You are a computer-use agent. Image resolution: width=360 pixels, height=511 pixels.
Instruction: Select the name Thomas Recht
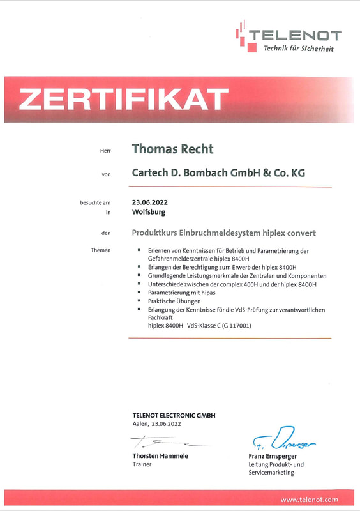[172, 149]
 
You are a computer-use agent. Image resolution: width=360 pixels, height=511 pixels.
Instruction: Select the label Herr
[105, 151]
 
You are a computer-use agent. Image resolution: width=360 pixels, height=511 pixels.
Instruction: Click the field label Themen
[101, 250]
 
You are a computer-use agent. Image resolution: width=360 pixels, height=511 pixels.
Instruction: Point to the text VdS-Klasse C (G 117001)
[219, 326]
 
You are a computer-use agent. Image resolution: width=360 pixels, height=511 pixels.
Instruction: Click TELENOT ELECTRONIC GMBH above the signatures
[174, 415]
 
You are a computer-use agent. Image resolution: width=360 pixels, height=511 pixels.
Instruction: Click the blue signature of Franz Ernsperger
[281, 439]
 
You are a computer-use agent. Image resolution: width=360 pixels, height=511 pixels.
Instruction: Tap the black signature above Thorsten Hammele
[163, 441]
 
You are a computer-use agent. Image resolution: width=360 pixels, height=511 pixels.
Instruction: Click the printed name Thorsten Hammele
[160, 456]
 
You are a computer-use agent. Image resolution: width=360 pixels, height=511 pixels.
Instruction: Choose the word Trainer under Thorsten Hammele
[142, 464]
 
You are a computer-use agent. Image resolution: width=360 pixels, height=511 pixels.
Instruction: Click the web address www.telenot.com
[309, 500]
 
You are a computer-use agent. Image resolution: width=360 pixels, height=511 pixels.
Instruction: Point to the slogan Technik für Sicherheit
[298, 49]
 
